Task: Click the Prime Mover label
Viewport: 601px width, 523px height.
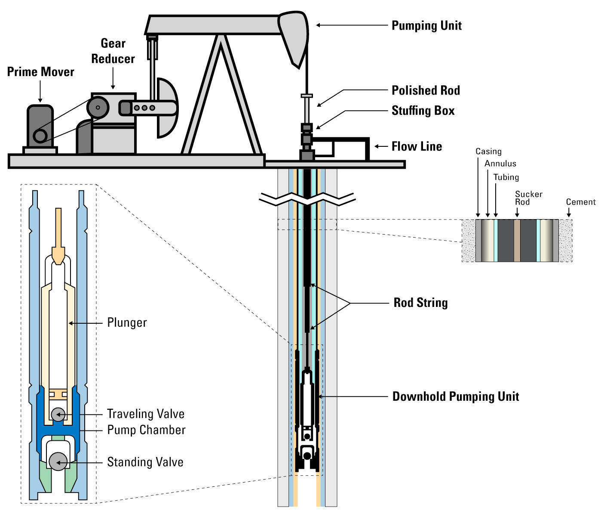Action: pos(40,72)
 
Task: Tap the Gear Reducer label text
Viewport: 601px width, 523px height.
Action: pos(113,51)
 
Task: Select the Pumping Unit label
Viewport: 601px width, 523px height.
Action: pos(426,26)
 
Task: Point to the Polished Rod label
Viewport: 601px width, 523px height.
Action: pos(426,90)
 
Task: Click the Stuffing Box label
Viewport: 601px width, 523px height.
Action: pos(423,111)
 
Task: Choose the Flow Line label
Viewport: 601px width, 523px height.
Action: pos(417,146)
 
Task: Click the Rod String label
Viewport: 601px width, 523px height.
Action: pos(420,303)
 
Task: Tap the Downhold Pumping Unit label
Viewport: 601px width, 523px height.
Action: pos(456,396)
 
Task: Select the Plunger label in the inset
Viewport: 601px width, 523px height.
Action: pos(127,322)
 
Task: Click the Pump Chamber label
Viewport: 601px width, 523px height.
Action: pos(146,430)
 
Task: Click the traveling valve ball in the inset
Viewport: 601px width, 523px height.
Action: pos(58,414)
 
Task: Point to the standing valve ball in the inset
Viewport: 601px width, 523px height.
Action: pos(58,461)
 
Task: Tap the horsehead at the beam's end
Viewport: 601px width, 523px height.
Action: pos(295,37)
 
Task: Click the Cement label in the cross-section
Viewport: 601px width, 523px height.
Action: pos(580,202)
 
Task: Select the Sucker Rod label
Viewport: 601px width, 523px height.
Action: pos(528,198)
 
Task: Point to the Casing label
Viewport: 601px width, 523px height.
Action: pos(488,152)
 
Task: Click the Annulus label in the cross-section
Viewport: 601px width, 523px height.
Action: pos(500,164)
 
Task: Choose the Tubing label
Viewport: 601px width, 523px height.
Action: pos(506,177)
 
